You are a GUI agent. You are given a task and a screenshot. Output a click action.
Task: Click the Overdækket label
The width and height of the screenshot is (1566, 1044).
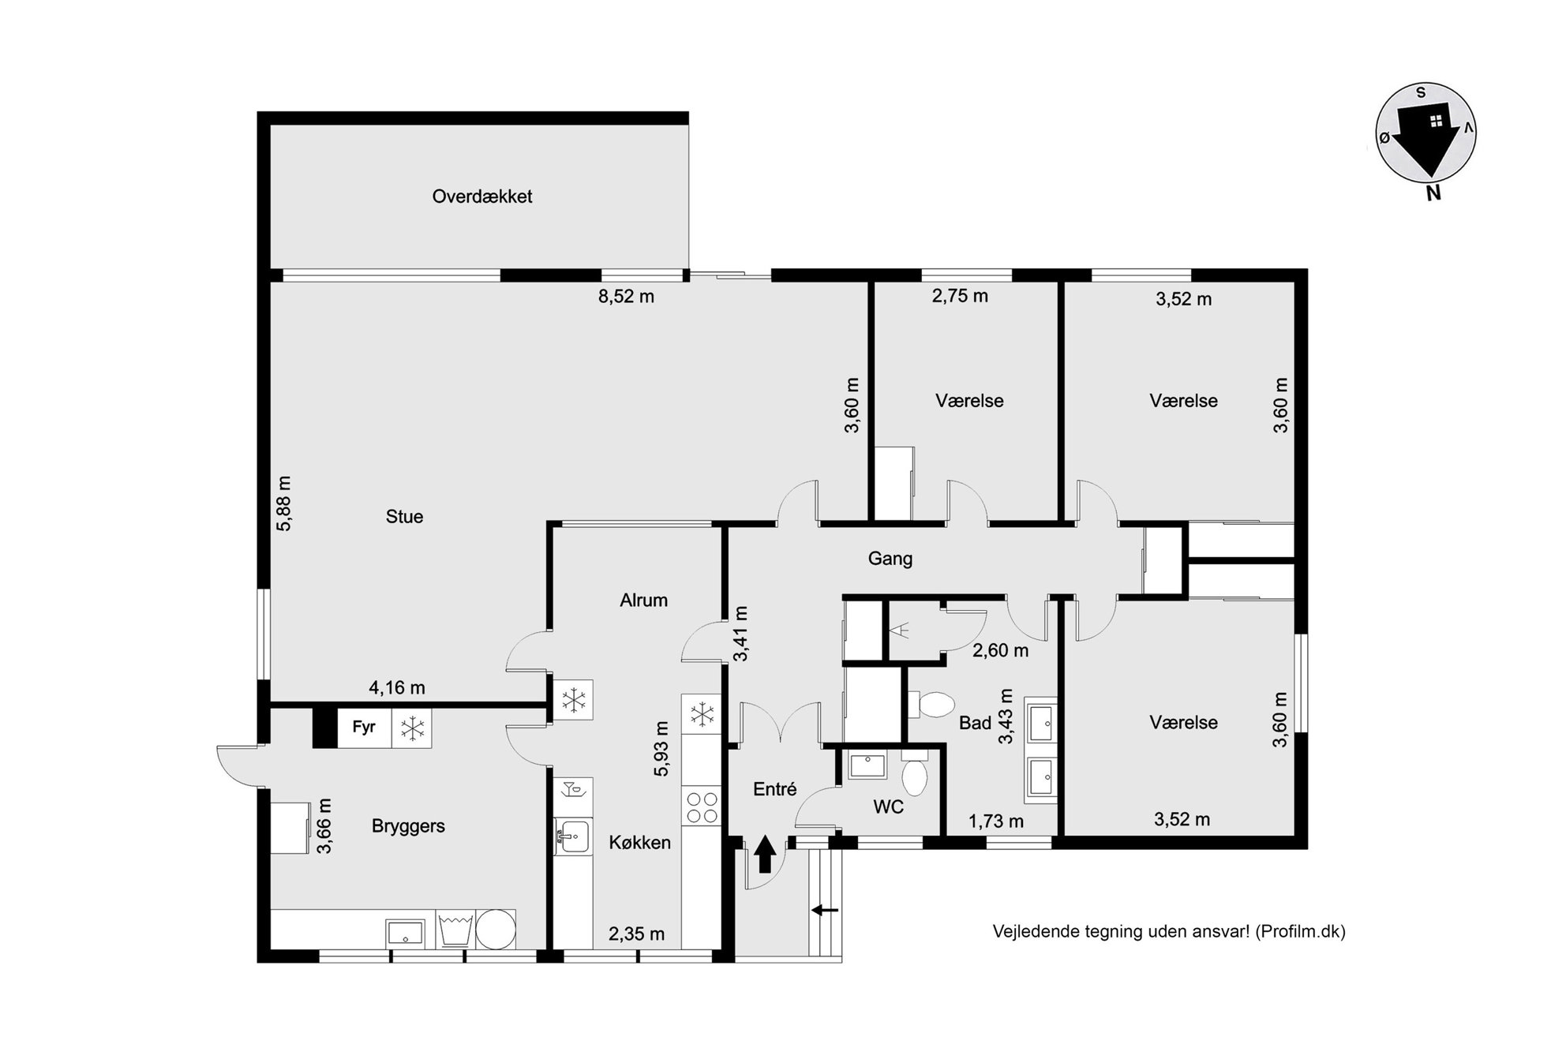tap(481, 196)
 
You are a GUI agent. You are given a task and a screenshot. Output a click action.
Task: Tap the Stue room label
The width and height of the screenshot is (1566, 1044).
tap(404, 517)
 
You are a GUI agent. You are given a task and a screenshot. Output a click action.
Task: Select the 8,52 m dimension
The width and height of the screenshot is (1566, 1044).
tap(626, 297)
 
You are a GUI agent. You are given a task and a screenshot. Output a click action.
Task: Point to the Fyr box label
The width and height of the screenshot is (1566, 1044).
tap(364, 727)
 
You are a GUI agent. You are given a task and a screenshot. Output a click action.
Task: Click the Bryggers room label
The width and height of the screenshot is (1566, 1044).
tap(408, 826)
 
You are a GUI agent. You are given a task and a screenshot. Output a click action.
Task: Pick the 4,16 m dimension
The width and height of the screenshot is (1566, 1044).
tap(397, 688)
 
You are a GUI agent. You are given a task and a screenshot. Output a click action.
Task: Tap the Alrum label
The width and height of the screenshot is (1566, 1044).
tap(643, 601)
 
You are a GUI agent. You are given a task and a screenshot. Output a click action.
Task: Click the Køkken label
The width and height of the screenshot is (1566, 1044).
tap(639, 843)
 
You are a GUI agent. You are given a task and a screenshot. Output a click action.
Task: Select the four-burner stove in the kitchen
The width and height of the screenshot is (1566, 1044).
tap(702, 806)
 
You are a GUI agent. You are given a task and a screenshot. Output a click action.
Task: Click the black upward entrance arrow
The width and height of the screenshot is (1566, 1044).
tap(765, 855)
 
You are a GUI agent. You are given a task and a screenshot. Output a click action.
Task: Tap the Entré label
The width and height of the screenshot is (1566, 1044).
tap(774, 789)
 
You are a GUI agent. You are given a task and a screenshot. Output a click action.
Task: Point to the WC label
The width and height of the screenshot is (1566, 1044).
tap(888, 807)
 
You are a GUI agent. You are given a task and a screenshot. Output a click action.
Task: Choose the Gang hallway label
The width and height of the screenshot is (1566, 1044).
tap(890, 559)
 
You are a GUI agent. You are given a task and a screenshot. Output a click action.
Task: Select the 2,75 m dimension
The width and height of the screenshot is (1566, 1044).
tap(960, 297)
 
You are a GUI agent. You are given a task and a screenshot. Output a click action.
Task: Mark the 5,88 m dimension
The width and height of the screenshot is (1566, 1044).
tap(283, 503)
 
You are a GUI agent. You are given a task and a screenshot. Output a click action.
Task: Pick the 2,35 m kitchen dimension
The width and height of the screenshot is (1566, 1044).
tap(636, 934)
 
